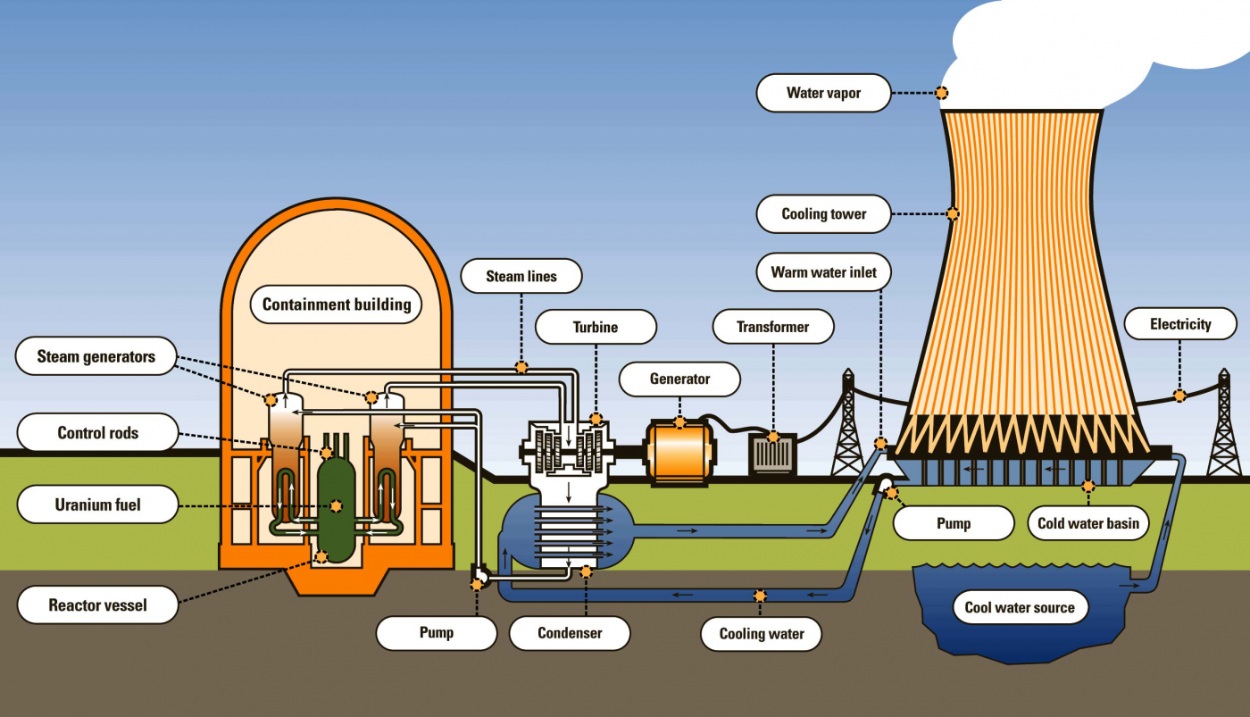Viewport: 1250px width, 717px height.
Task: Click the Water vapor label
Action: pyautogui.click(x=823, y=93)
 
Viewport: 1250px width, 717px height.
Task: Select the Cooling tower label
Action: pyautogui.click(x=823, y=214)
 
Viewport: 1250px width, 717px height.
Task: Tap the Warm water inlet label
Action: pyautogui.click(x=823, y=272)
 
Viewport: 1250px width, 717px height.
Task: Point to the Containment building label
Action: pyautogui.click(x=337, y=304)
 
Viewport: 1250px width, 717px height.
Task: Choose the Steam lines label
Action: pyautogui.click(x=521, y=276)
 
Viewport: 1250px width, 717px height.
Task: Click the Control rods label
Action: pyautogui.click(x=98, y=433)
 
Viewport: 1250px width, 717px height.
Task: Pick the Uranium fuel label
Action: pyautogui.click(x=98, y=504)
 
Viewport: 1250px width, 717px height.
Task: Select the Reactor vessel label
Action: pyautogui.click(x=98, y=605)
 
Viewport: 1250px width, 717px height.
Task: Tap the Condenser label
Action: pyautogui.click(x=570, y=633)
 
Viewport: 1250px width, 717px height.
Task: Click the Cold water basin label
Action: pyautogui.click(x=1088, y=523)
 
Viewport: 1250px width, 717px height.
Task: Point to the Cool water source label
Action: pyautogui.click(x=1020, y=608)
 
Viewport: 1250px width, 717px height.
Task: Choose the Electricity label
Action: pyautogui.click(x=1180, y=324)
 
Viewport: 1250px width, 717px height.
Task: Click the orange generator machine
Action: pyautogui.click(x=679, y=453)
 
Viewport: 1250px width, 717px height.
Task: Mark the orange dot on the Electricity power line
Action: pyautogui.click(x=1180, y=396)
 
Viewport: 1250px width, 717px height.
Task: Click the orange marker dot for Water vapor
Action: pyautogui.click(x=941, y=93)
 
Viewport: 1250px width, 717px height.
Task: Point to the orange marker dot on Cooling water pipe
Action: pyautogui.click(x=760, y=596)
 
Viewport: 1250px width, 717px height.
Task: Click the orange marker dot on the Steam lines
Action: pyautogui.click(x=521, y=367)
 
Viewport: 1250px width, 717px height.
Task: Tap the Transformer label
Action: pyautogui.click(x=773, y=327)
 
